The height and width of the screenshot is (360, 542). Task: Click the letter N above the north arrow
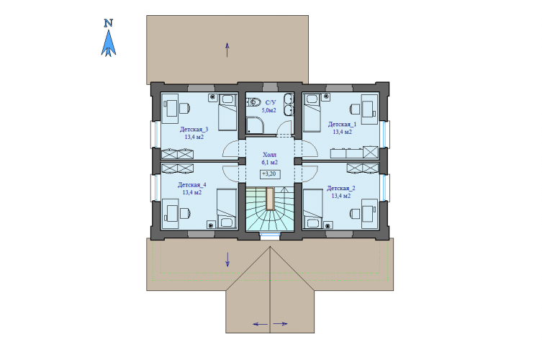click(x=109, y=23)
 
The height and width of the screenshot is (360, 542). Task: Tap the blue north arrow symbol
click(x=109, y=43)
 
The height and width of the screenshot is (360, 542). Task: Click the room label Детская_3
click(x=194, y=130)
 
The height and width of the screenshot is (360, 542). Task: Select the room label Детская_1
click(x=342, y=124)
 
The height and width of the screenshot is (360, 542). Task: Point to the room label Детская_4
click(x=192, y=185)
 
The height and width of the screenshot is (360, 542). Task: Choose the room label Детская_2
click(x=341, y=189)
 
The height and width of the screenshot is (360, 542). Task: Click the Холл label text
click(x=270, y=155)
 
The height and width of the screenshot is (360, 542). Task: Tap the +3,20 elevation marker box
click(x=270, y=174)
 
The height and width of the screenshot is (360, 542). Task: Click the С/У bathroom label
click(x=271, y=102)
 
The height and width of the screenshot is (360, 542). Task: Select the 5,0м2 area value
click(x=269, y=110)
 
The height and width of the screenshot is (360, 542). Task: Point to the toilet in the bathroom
click(x=254, y=102)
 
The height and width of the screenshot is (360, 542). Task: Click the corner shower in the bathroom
click(x=255, y=125)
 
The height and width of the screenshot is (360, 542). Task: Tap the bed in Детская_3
click(x=227, y=112)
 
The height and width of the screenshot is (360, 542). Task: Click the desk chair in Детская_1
click(x=356, y=109)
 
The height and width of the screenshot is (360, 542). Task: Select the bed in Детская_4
click(x=227, y=208)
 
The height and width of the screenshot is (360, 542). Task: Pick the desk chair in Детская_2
click(x=356, y=213)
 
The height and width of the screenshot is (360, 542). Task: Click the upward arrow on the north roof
click(x=227, y=50)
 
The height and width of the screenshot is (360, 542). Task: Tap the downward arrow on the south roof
click(x=227, y=260)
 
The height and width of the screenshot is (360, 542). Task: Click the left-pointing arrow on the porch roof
click(x=261, y=324)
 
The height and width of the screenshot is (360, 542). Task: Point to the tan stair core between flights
click(x=270, y=199)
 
